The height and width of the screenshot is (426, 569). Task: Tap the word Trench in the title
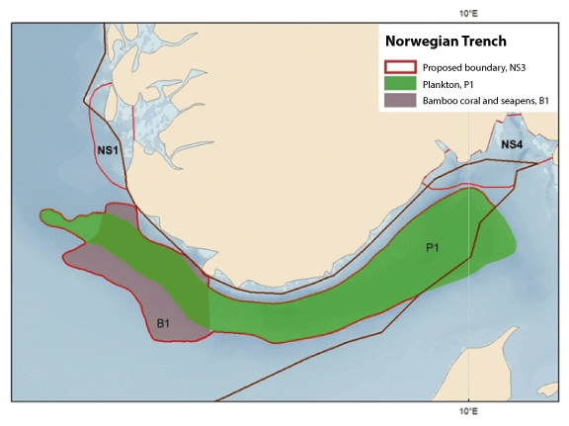pyautogui.click(x=484, y=42)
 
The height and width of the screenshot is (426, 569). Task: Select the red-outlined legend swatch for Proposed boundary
pyautogui.click(x=399, y=67)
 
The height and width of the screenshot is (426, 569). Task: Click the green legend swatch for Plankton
pyautogui.click(x=399, y=84)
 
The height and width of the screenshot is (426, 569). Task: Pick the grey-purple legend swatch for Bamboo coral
pyautogui.click(x=399, y=101)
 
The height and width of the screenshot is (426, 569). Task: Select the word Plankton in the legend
pyautogui.click(x=442, y=84)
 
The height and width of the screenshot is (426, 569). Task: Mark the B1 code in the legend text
pyautogui.click(x=540, y=101)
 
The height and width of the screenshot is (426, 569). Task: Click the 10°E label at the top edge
pyautogui.click(x=467, y=13)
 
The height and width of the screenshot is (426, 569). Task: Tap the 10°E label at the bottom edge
pyautogui.click(x=467, y=409)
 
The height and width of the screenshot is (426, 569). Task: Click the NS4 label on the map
pyautogui.click(x=511, y=145)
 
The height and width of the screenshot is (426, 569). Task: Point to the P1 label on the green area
pyautogui.click(x=433, y=247)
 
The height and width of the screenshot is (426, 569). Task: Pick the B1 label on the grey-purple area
pyautogui.click(x=164, y=322)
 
